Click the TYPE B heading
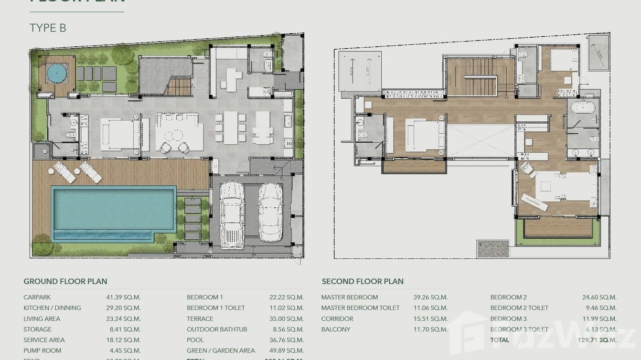point(48,28)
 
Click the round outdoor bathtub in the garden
point(57,74)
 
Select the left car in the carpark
point(232,214)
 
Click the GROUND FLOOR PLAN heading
point(65,281)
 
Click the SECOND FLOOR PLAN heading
point(363,281)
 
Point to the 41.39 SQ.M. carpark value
point(123,297)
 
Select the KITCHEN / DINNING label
point(52,308)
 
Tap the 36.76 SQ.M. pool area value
point(286,340)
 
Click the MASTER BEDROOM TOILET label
point(360,308)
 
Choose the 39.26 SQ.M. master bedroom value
point(430,297)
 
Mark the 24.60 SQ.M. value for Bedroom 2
point(599,297)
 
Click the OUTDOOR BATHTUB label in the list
point(217,329)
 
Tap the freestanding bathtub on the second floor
point(583,107)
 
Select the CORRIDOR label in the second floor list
point(337,318)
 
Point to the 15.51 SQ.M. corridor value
point(430,318)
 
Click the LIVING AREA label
point(42,318)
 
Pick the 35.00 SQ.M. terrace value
point(286,318)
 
